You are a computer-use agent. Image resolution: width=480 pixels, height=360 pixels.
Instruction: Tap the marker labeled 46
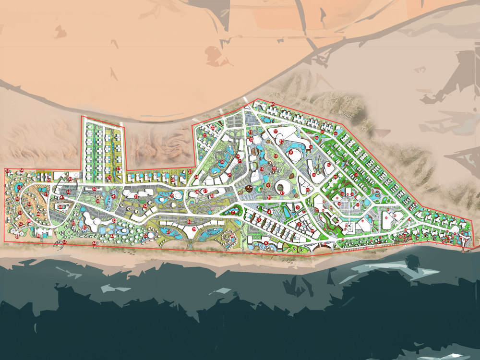pos(60,207)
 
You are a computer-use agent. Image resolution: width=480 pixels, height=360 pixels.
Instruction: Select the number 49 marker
pos(70,179)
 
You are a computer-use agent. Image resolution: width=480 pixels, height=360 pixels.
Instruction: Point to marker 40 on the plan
pos(94,189)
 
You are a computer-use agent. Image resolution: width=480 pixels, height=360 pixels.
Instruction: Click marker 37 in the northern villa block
pos(118,168)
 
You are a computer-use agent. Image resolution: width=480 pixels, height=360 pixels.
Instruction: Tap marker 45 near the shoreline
pos(64,242)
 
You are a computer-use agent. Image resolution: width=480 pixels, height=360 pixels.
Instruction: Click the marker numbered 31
pos(168,232)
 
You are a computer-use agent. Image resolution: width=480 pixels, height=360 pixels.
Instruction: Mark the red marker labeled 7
pos(233,212)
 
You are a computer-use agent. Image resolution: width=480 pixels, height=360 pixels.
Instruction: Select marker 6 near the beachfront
pos(266,243)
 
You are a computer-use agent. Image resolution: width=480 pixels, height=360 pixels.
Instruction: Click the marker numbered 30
pos(232,236)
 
